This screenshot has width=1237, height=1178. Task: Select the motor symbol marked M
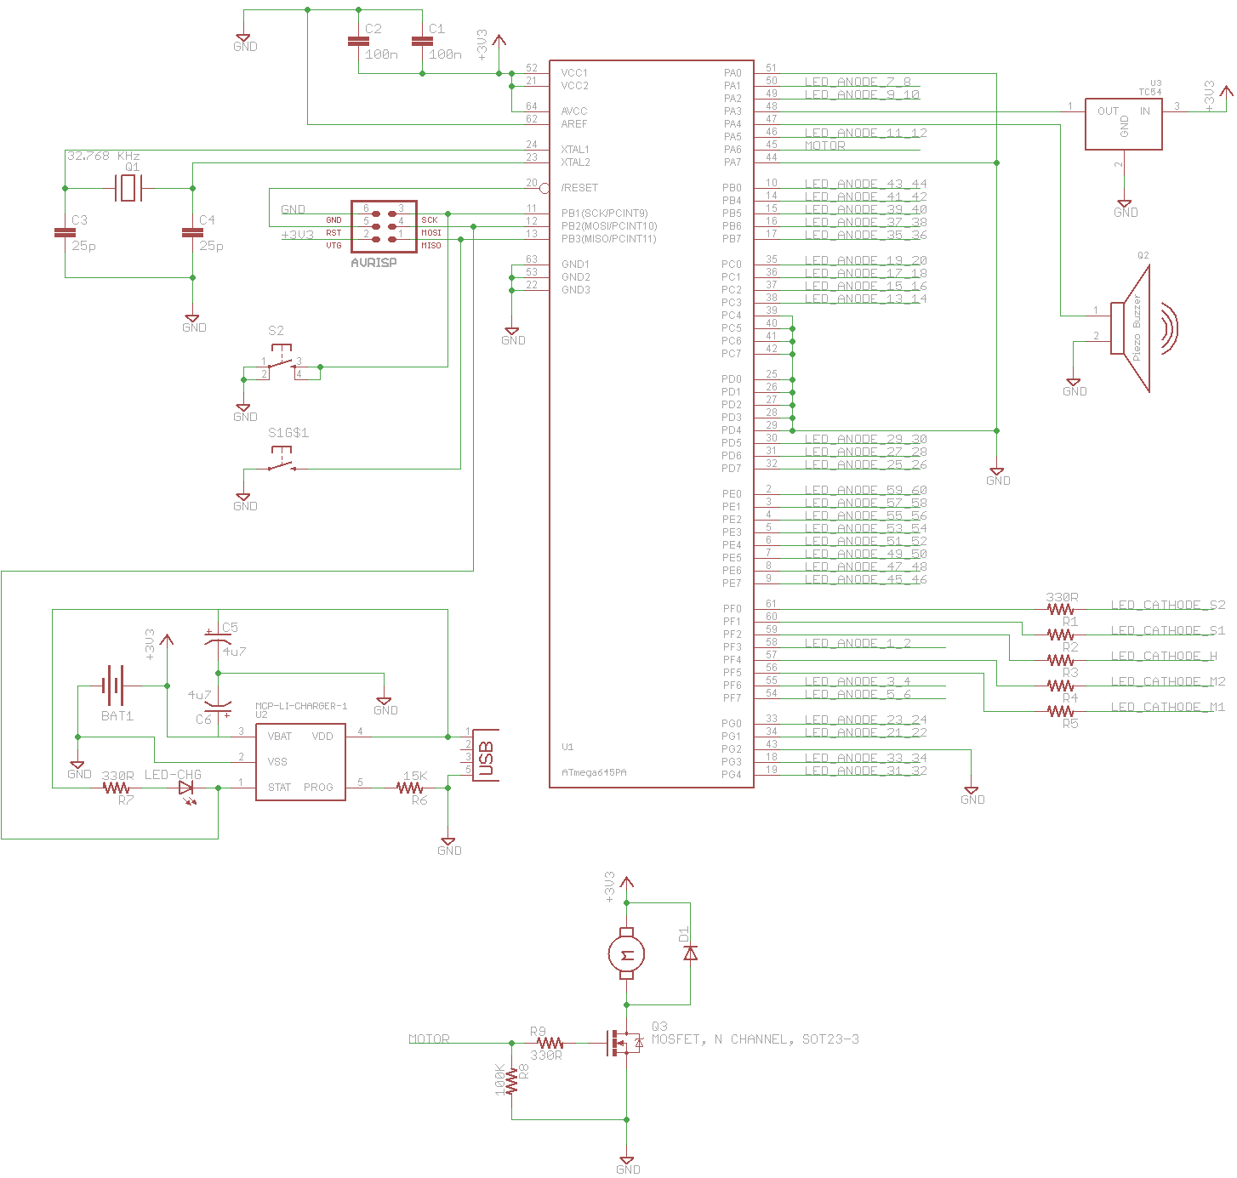point(626,954)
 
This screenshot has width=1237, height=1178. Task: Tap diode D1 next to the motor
point(690,953)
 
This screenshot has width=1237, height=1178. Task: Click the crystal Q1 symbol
point(128,188)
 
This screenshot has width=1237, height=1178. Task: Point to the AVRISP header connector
point(384,226)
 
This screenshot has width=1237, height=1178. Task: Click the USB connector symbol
point(486,755)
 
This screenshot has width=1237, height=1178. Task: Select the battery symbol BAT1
point(113,685)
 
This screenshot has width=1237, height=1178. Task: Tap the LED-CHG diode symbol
point(185,788)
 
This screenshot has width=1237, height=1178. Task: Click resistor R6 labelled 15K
point(410,788)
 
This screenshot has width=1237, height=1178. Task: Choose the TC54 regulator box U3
point(1123,124)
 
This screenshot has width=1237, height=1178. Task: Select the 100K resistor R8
point(511,1080)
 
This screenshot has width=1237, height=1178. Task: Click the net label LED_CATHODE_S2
point(1167,605)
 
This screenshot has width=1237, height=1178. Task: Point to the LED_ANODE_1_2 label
point(857,643)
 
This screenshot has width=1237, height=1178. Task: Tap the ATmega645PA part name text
point(594,773)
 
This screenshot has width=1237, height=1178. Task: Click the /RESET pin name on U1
point(579,188)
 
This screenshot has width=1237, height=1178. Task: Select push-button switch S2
point(282,361)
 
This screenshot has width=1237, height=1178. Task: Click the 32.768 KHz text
point(104,156)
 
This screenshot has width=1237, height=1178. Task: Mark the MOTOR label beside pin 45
point(824,145)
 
